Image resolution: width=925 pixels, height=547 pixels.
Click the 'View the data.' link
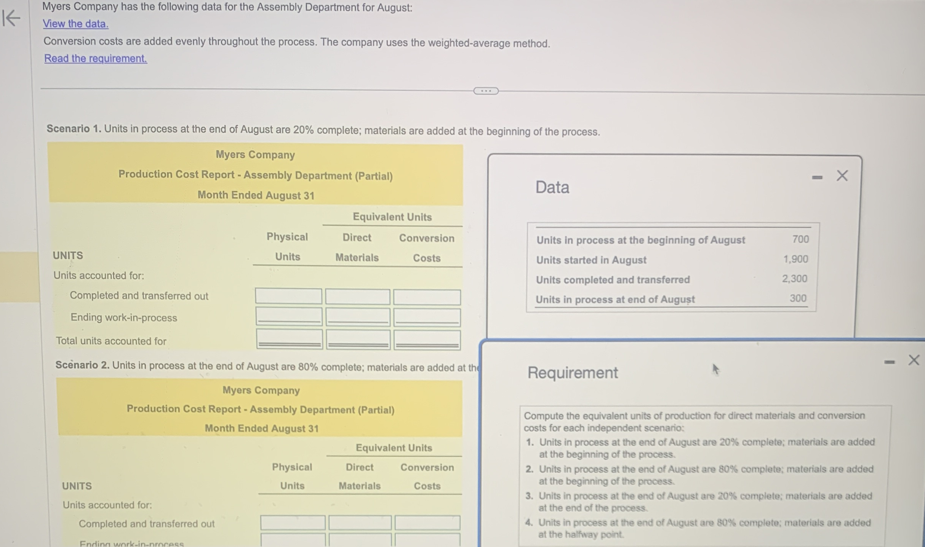[75, 24]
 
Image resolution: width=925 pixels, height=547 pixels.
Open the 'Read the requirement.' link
[96, 58]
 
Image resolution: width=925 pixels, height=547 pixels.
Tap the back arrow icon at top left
[11, 18]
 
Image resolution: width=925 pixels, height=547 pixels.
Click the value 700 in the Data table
[800, 239]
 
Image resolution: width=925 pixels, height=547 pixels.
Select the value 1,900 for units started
[795, 259]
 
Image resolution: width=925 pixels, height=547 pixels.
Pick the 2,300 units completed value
[795, 279]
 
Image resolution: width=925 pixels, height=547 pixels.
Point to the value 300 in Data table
[798, 298]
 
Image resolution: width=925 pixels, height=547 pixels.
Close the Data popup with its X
[842, 176]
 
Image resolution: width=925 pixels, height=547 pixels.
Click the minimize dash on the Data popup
[817, 178]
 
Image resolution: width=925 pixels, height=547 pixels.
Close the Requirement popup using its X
[914, 360]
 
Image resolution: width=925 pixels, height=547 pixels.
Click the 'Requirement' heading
[573, 372]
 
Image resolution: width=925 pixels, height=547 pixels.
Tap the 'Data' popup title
[552, 188]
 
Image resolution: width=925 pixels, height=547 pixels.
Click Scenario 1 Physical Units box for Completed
[288, 296]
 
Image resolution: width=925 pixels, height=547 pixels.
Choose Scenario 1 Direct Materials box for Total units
[358, 340]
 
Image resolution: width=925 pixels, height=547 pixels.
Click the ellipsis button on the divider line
[486, 91]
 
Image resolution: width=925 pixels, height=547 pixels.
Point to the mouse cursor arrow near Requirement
[715, 369]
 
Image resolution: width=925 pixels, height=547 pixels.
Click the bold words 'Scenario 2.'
[82, 365]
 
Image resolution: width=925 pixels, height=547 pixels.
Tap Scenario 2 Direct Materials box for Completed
[360, 523]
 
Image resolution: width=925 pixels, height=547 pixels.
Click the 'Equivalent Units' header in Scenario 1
[392, 217]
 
